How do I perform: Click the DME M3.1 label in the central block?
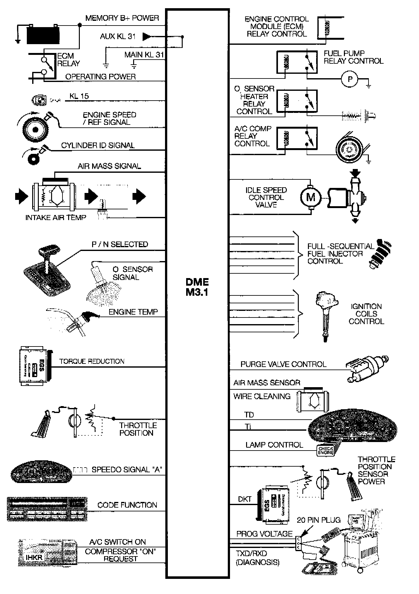(197, 287)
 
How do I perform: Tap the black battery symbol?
(43, 34)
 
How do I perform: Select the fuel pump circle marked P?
(350, 79)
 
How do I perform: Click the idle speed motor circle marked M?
(311, 197)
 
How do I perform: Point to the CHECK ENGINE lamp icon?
(326, 450)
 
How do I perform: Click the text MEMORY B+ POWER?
(122, 18)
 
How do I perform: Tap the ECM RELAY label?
(68, 60)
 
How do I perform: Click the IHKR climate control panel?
(47, 552)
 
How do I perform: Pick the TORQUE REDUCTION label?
(92, 361)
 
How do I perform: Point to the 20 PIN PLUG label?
(319, 520)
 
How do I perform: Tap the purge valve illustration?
(366, 368)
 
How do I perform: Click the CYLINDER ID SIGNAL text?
(98, 145)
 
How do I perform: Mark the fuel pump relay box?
(297, 62)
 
